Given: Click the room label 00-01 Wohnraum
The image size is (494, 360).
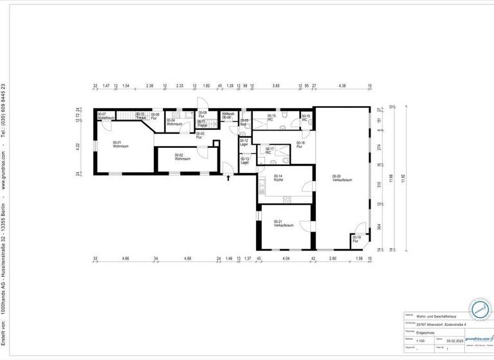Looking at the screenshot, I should (x=119, y=145).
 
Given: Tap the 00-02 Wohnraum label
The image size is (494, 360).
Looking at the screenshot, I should (x=183, y=156).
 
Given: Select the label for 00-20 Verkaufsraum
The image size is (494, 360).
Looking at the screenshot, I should (x=340, y=178).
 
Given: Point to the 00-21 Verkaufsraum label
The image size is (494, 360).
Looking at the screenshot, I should (x=283, y=224).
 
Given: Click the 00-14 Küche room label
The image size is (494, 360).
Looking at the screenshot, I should (x=279, y=177).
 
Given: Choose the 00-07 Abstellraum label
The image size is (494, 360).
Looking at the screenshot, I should (x=105, y=116).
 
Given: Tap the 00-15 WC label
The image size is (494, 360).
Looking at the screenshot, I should (x=271, y=117).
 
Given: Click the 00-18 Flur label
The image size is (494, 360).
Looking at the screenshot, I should (x=300, y=144).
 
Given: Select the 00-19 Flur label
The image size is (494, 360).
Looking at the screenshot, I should (x=356, y=240).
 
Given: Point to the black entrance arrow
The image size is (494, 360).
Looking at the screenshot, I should (x=228, y=178).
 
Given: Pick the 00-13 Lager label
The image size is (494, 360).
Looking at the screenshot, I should (x=244, y=161).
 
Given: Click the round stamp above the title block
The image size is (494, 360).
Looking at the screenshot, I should (x=479, y=310).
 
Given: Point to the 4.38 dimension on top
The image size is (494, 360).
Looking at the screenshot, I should (x=342, y=85).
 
